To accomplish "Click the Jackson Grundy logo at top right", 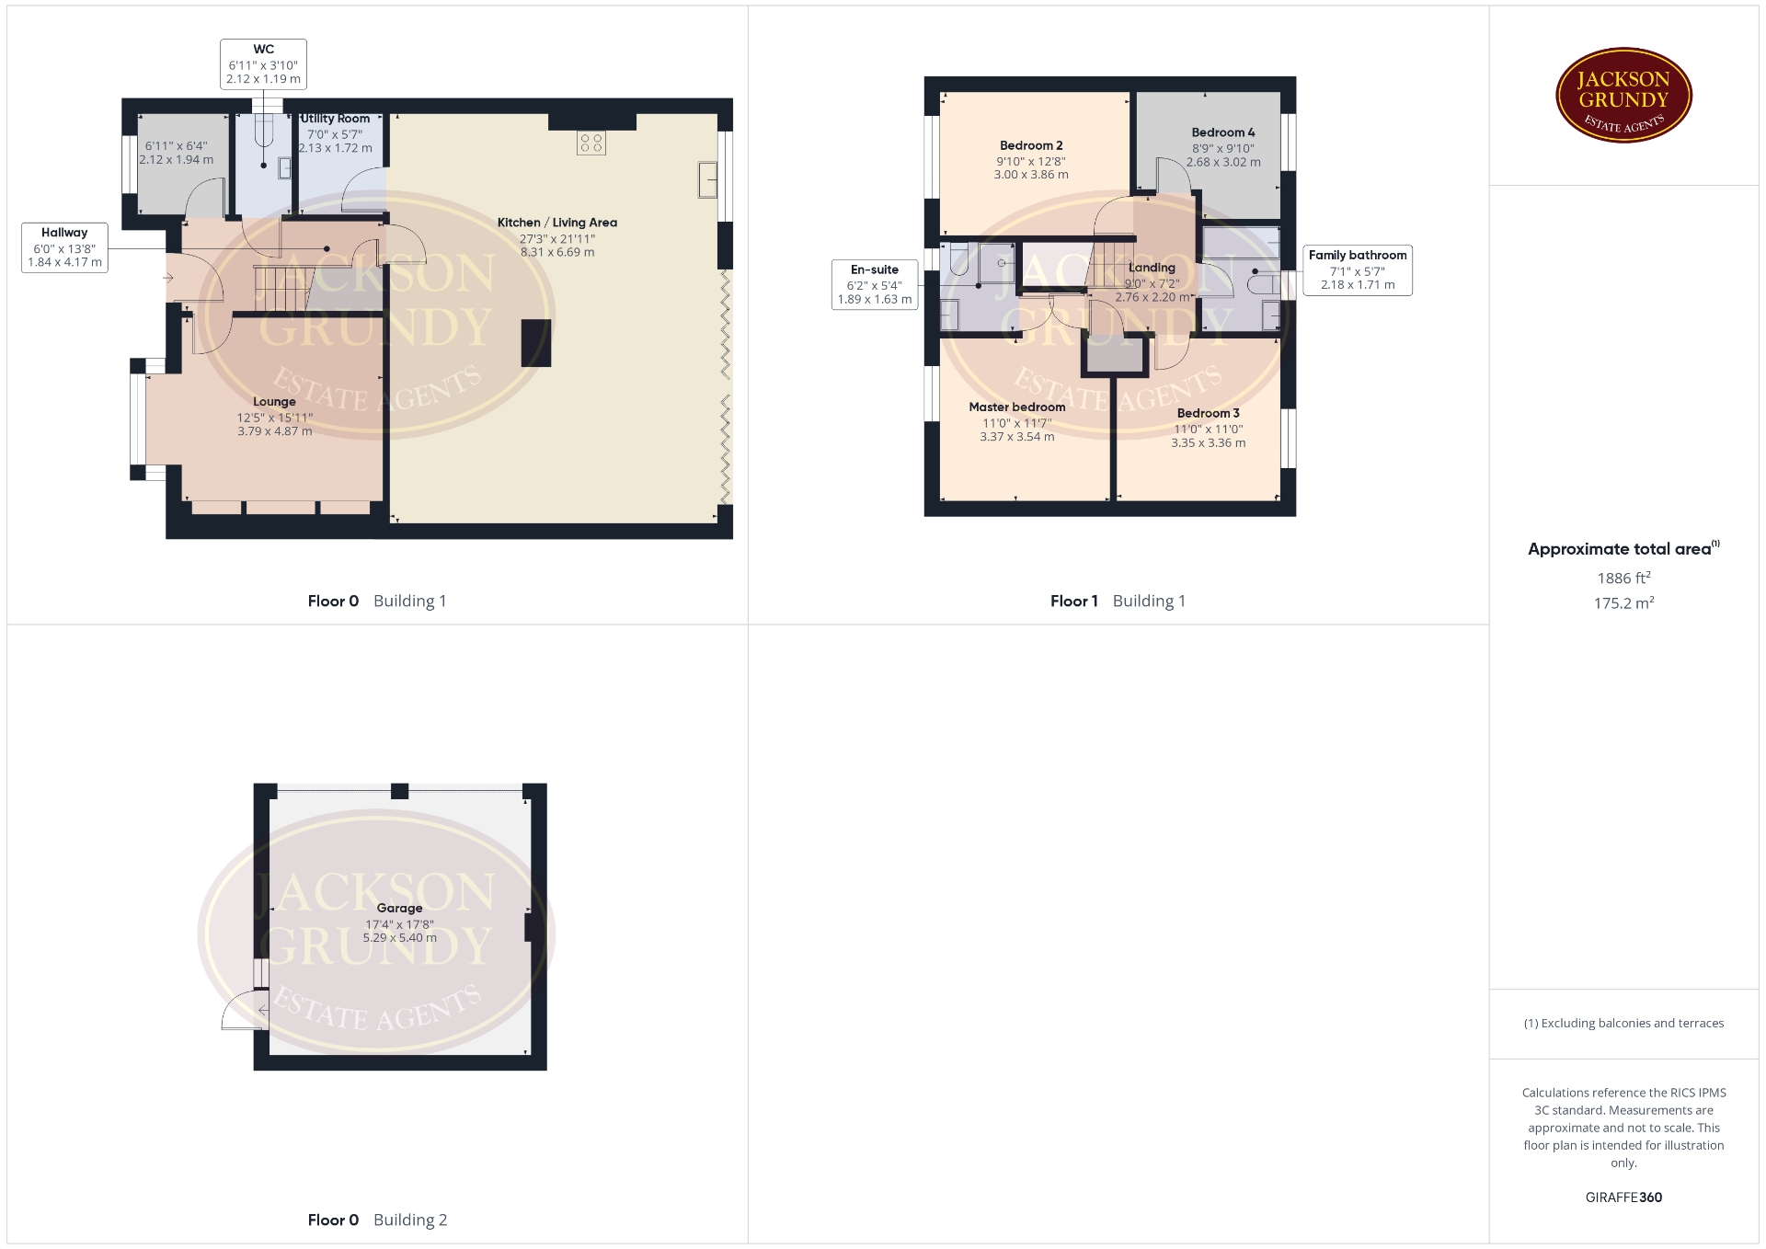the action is [1623, 96].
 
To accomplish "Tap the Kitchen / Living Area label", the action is [557, 223].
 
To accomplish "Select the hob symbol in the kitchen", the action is [591, 143].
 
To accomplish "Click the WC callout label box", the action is [263, 63].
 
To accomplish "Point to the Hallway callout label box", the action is [64, 247].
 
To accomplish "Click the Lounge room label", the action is [274, 402].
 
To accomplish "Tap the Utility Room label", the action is [336, 119].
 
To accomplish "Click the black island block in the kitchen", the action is [536, 343].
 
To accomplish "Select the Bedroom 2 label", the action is [1031, 145].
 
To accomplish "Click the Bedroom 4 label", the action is [1223, 132].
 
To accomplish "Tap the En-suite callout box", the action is [875, 284].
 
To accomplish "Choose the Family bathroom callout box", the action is [1358, 270].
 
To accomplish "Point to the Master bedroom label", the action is [1017, 407].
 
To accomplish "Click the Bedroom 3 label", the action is [1209, 413].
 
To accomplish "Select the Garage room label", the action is [400, 909].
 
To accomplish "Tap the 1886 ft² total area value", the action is [1623, 578].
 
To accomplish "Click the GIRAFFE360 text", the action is [1624, 1197].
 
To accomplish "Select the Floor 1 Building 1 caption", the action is [1118, 602].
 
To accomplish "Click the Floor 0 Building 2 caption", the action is [377, 1220].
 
